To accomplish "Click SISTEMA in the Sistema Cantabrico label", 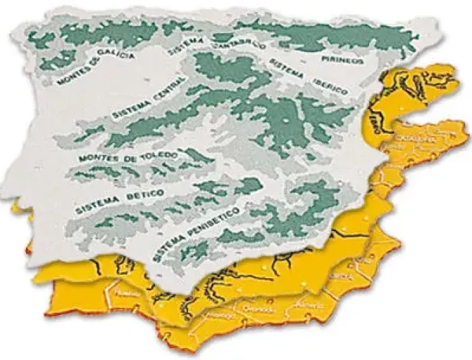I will click(187, 46).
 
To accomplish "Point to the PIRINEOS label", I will click(342, 61).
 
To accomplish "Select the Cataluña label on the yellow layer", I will click(416, 138).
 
